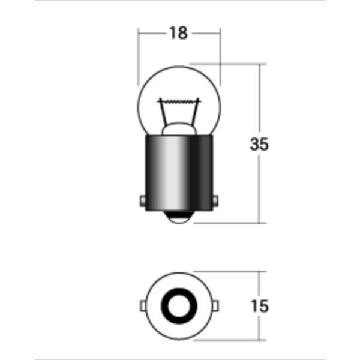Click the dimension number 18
point(179,34)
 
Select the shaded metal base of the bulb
point(179,174)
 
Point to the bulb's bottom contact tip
point(179,220)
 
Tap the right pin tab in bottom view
point(217,306)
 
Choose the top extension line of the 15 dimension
point(234,271)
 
